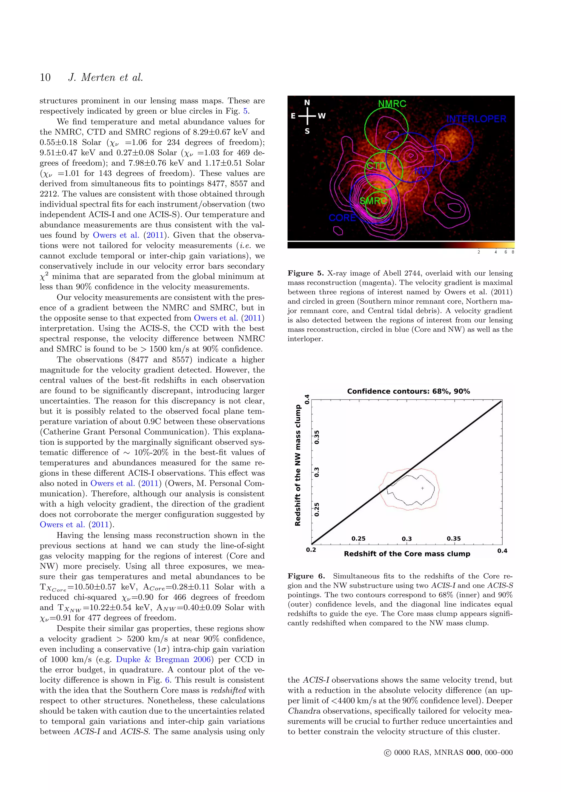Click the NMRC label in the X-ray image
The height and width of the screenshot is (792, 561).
point(392,103)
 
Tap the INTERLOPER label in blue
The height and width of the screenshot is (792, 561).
point(476,119)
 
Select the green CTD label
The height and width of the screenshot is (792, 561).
point(376,166)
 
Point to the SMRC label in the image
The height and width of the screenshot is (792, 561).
point(373,201)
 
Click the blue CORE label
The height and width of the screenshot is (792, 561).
point(342,218)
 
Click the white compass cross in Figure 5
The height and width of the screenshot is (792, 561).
point(307,116)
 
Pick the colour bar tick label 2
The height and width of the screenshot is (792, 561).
point(479,252)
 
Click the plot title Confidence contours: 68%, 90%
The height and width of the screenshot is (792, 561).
point(408,391)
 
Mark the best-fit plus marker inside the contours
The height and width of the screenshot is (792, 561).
point(422,488)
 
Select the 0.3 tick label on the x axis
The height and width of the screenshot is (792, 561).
point(407,539)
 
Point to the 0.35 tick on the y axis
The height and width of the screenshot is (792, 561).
point(317,437)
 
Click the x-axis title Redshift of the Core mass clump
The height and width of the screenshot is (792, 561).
point(407,554)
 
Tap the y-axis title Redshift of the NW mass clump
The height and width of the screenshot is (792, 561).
point(298,465)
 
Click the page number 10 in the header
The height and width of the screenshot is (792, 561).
point(45,77)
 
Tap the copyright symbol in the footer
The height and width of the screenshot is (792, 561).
point(387,753)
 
